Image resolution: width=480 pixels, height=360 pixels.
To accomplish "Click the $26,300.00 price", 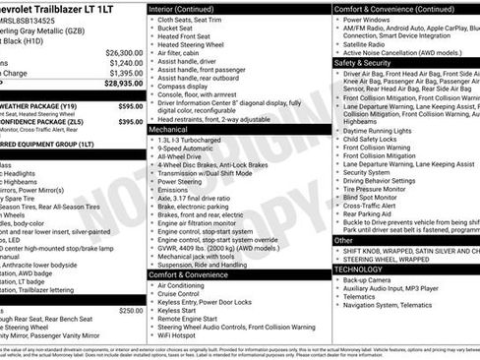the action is coord(124,52).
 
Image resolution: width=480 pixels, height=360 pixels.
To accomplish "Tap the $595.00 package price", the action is coord(130,105).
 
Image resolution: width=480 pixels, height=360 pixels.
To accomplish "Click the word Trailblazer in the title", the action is coord(76,8).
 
